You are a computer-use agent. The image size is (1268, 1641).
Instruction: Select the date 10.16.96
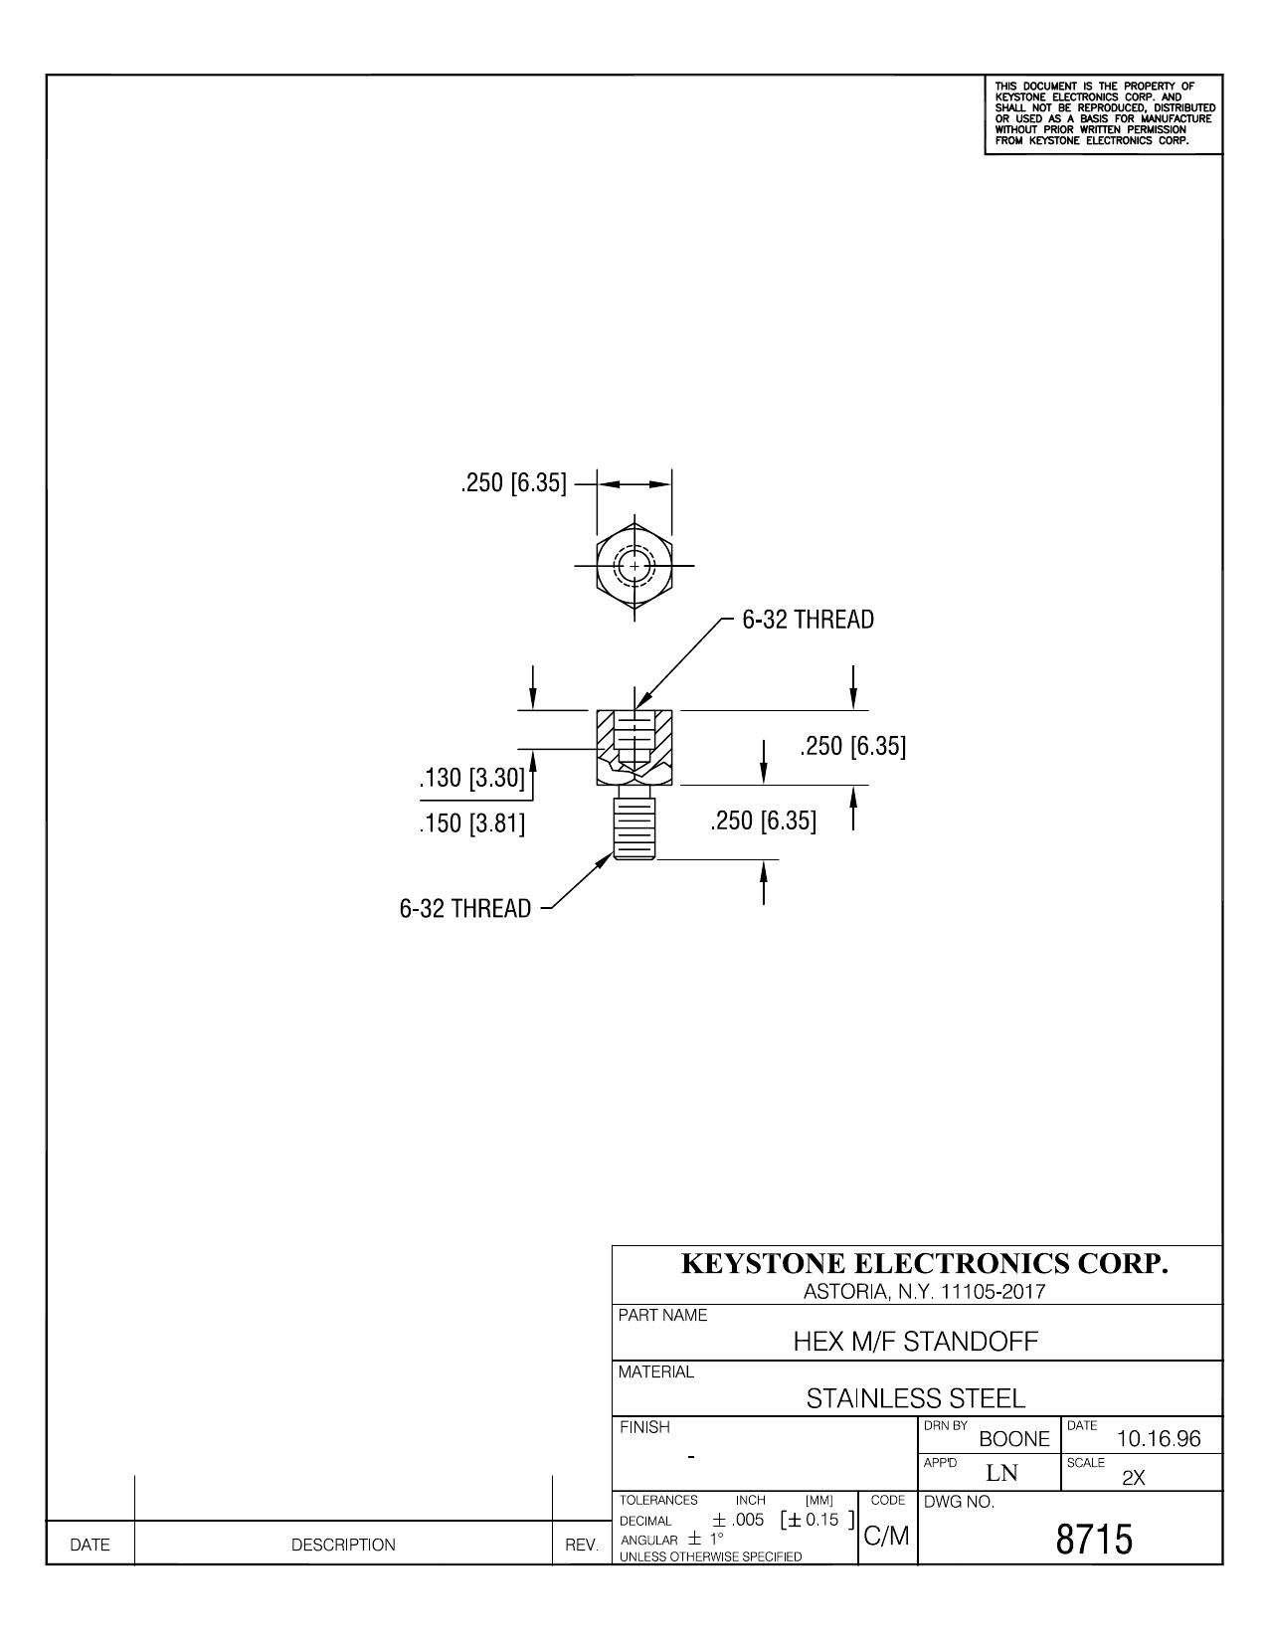coord(1159,1439)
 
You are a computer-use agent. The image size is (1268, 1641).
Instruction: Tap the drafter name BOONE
coord(1014,1439)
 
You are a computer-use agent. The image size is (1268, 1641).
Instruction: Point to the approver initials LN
coord(1001,1473)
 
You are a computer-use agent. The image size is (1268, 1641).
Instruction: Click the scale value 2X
coord(1134,1479)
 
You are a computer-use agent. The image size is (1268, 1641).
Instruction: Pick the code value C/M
coord(887,1536)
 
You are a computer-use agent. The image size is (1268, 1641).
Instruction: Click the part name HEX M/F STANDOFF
coord(915,1342)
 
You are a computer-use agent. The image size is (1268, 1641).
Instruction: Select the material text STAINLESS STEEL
coord(915,1399)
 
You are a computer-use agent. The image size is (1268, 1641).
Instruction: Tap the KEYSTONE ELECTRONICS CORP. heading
coord(924,1263)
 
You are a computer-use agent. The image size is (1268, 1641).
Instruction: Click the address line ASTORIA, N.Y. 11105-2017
coord(924,1292)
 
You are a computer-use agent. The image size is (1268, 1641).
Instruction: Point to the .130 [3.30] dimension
coord(472,777)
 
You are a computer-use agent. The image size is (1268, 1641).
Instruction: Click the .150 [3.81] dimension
coord(472,823)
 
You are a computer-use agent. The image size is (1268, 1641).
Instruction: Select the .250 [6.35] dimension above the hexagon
coord(513,482)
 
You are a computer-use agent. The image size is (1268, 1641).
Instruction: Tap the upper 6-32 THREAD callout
coord(809,620)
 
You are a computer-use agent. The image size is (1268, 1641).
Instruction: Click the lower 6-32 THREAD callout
coord(465,908)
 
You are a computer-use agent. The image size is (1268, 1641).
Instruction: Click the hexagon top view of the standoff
coord(634,566)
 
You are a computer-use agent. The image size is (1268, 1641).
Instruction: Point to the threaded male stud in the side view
coord(634,822)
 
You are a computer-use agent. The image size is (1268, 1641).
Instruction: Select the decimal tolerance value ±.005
coord(738,1520)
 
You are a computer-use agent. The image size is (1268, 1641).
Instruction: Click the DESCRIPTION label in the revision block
coord(343,1546)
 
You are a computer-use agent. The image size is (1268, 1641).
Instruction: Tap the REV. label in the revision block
coord(582,1546)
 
